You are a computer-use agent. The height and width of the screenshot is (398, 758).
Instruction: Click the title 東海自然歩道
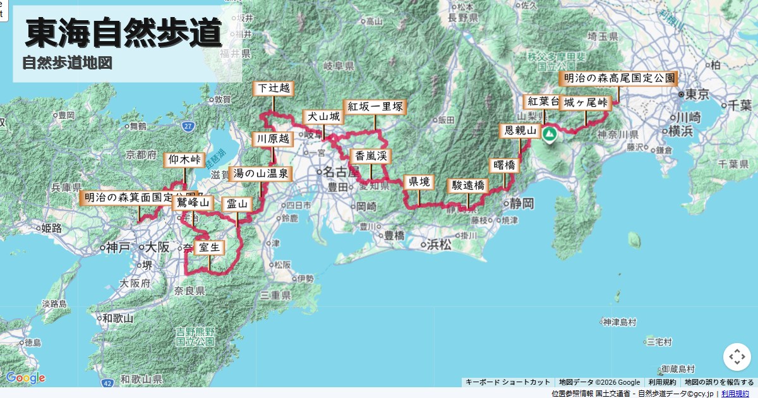point(124,33)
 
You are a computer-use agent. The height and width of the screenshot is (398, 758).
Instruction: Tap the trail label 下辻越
point(274,88)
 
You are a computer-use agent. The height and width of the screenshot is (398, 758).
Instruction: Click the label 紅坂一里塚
point(375,106)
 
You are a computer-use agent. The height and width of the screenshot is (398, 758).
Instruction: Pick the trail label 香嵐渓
point(371,156)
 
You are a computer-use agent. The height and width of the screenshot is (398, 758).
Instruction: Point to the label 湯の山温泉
point(261,172)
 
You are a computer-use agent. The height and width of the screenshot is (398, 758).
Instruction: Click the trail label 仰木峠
point(184,160)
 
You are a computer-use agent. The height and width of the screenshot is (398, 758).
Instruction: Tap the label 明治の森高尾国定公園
point(618,79)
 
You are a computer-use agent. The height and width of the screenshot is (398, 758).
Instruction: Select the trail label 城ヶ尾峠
point(586,102)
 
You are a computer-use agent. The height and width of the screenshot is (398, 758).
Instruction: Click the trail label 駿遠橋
point(468,185)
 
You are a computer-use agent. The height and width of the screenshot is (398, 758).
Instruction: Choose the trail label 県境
point(419,182)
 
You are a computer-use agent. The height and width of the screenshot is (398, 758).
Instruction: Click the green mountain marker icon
point(550,134)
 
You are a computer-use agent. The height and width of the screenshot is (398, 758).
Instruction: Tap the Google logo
point(25,378)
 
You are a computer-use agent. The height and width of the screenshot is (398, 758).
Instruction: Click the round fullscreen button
point(737,357)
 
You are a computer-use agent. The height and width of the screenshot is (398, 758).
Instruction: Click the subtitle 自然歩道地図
point(67,63)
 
